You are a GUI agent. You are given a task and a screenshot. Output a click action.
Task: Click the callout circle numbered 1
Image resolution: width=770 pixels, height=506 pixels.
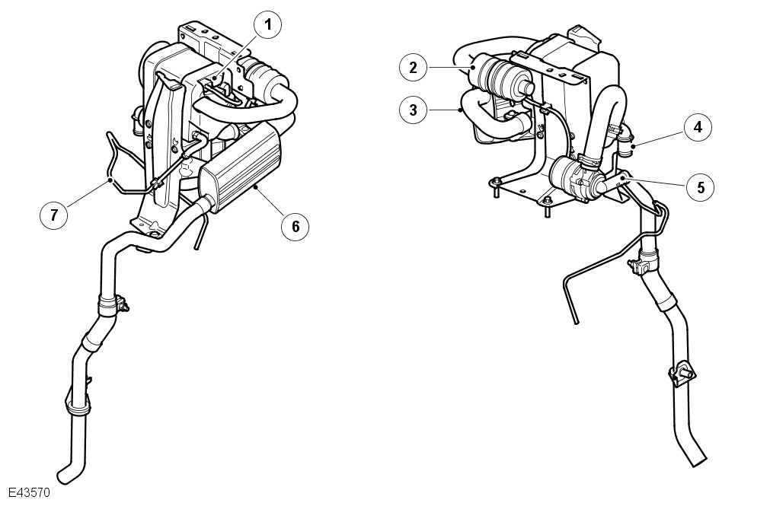(x=267, y=25)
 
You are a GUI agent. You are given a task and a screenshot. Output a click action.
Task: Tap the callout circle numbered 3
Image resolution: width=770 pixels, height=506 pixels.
(x=413, y=110)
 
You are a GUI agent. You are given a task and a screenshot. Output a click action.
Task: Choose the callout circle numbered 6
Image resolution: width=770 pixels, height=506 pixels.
(x=294, y=224)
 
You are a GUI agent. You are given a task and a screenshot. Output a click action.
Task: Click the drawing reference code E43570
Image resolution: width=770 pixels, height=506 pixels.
(x=30, y=492)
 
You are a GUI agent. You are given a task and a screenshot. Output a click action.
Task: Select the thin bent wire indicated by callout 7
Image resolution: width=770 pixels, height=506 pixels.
(x=114, y=164)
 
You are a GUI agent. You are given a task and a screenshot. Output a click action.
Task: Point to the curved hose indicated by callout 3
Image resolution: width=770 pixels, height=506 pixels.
(x=487, y=119)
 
